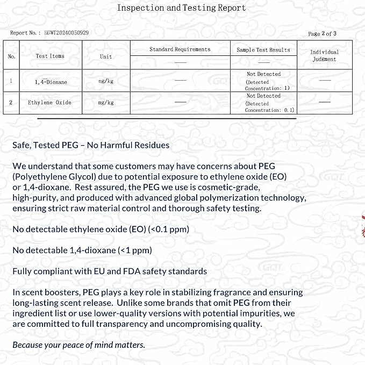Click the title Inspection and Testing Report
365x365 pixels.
point(181,8)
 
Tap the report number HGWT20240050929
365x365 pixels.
point(67,33)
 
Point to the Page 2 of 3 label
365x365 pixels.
point(322,34)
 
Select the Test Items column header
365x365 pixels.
point(49,56)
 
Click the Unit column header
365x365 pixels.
point(106,56)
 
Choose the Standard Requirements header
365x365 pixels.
point(180,49)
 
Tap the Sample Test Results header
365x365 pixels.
point(263,50)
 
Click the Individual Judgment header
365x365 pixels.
point(324,55)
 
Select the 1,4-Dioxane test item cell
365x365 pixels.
point(51,82)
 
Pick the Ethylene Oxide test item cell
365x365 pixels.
point(49,102)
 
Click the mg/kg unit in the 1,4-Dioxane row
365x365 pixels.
point(106,81)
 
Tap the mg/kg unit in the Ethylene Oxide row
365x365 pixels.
point(106,102)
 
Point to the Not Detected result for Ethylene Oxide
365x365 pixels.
point(263,96)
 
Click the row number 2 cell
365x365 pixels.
point(11,102)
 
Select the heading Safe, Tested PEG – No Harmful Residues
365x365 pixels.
point(91,145)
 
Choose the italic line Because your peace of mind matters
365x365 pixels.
point(78,345)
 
